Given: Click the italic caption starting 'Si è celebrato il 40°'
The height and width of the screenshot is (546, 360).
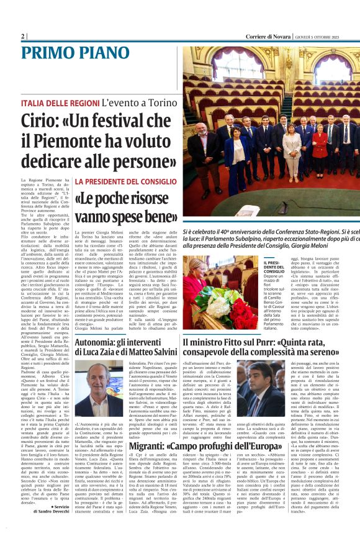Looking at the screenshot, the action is click(x=271, y=238).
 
